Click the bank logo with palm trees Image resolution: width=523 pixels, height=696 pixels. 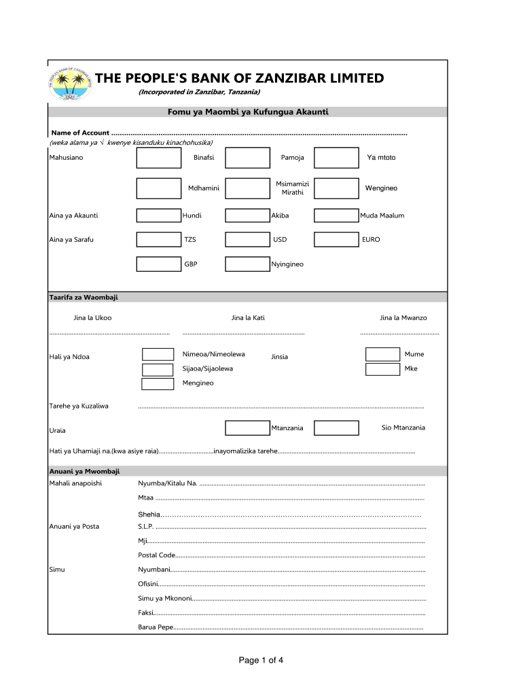coord(70,85)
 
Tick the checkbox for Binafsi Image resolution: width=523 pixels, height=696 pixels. coord(158,158)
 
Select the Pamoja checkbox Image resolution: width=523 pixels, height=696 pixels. coord(247,158)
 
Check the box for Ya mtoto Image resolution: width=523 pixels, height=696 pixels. coord(336,158)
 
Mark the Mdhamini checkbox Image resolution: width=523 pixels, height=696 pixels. coord(158,188)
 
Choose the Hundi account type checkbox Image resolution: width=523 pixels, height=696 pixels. coord(158,215)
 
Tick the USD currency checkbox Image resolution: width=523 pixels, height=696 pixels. coord(247,239)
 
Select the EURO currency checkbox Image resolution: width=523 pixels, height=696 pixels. coord(336,239)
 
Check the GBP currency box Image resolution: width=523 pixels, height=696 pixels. coord(158,264)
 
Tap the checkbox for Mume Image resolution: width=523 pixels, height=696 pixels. coord(382,354)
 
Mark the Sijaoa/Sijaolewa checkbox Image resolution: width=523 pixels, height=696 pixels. coord(158,369)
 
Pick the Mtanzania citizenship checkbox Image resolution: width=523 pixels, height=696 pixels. coord(247,428)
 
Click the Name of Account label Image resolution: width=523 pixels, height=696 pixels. coord(80,133)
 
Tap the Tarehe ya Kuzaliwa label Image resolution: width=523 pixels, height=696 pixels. coord(79,406)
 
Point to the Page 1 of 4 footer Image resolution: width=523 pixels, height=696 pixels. coord(261,660)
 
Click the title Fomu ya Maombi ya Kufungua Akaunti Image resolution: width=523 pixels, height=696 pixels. coord(247,111)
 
